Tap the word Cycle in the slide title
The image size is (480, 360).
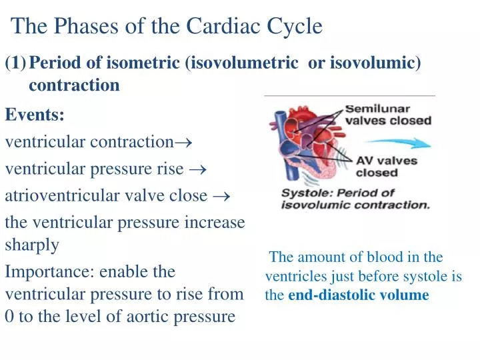(x=295, y=26)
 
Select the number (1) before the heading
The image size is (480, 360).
(x=15, y=63)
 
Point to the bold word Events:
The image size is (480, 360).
(x=35, y=115)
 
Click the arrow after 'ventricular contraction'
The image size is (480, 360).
(x=185, y=143)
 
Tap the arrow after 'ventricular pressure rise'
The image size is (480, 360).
(x=198, y=169)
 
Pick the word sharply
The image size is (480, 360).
(x=32, y=244)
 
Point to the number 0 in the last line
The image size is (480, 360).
(x=9, y=316)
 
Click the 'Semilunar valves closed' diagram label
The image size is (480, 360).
(x=387, y=115)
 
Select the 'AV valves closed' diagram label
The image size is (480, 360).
(x=387, y=167)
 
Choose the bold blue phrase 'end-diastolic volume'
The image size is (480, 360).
(x=358, y=295)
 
